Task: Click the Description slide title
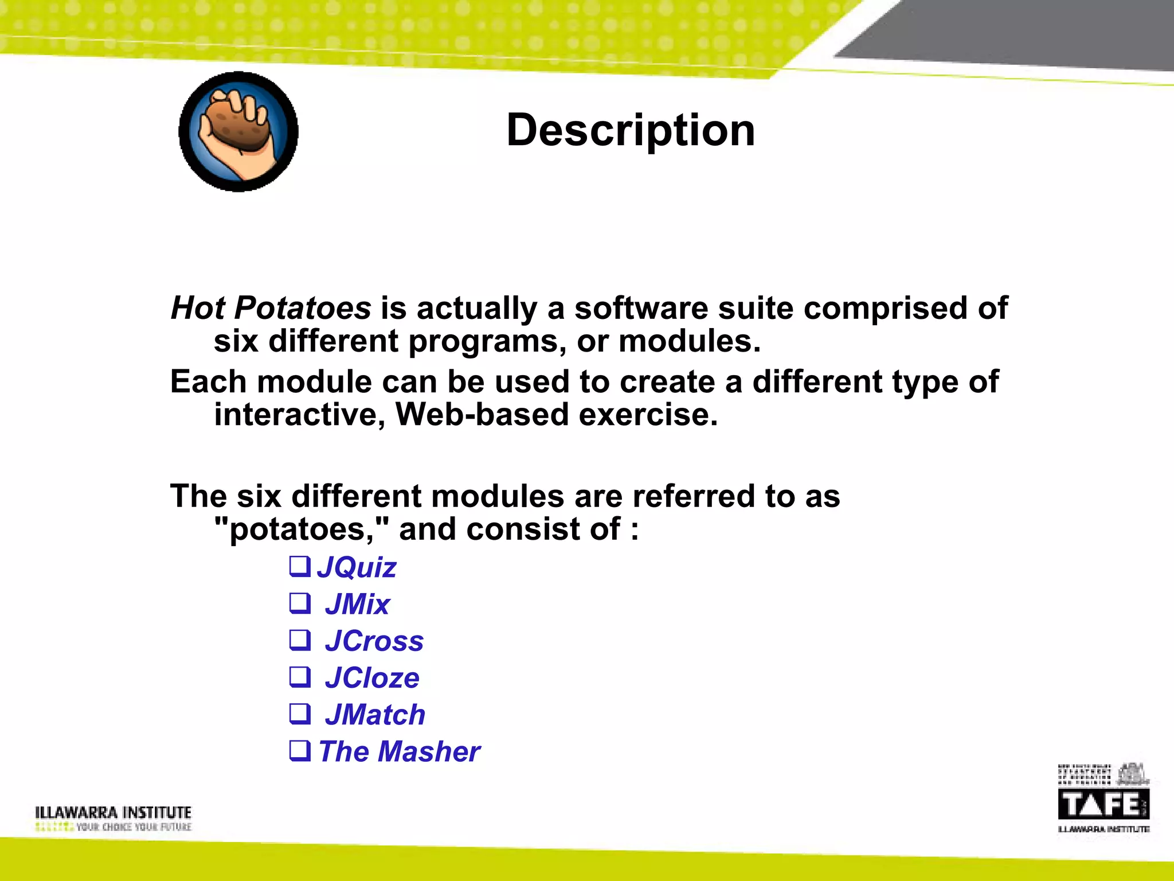(631, 131)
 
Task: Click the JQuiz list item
(356, 567)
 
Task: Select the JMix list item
(357, 605)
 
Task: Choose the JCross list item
(374, 641)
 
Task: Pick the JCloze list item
(372, 678)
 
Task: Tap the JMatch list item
(375, 715)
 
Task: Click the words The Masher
(400, 751)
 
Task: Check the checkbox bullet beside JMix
(300, 603)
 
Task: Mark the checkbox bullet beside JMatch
(300, 714)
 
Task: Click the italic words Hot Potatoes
(271, 308)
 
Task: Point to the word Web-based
(482, 414)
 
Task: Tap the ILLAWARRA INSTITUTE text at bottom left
(113, 812)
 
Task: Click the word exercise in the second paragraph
(648, 414)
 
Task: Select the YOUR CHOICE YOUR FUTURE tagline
(134, 827)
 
